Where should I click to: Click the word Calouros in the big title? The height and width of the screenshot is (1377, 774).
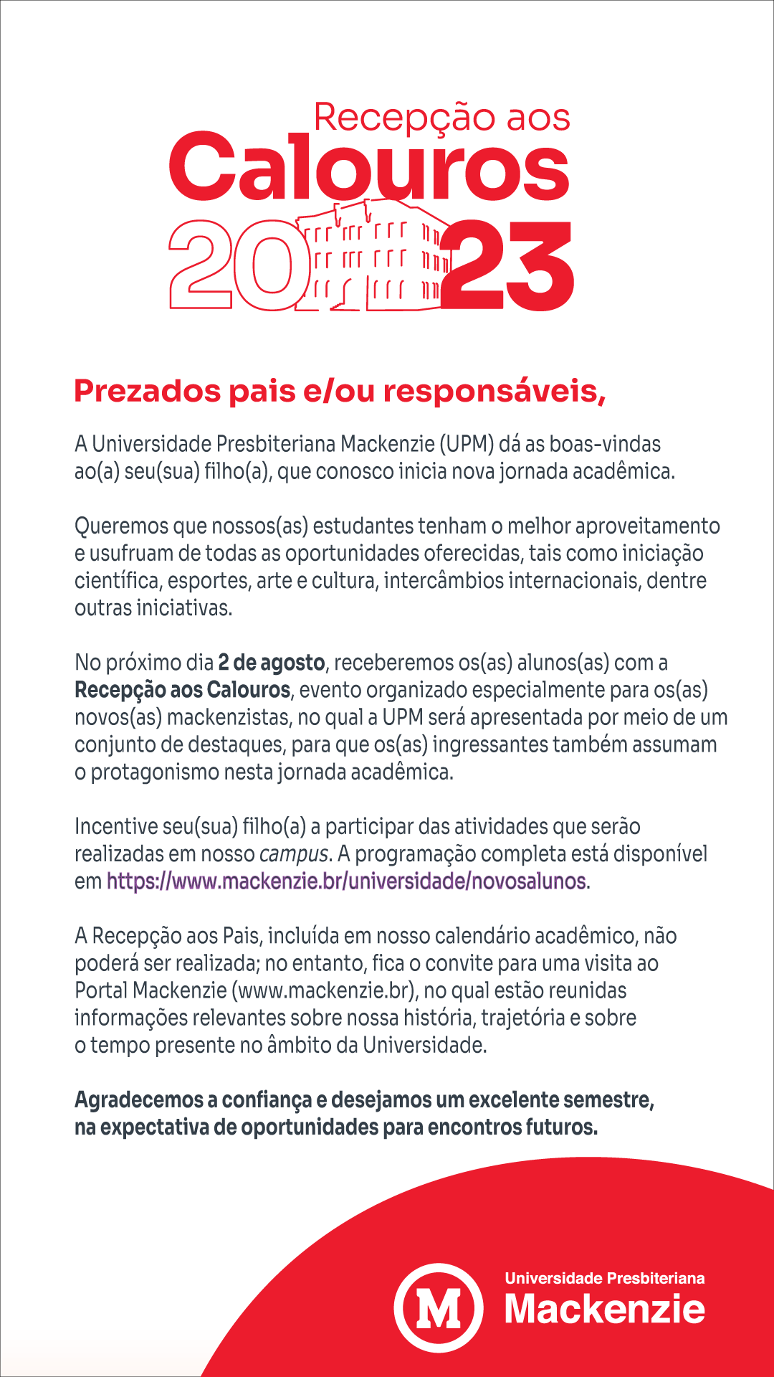pyautogui.click(x=369, y=167)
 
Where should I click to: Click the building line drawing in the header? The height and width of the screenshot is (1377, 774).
pyautogui.click(x=374, y=258)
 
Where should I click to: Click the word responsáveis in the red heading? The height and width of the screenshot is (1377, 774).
pyautogui.click(x=494, y=392)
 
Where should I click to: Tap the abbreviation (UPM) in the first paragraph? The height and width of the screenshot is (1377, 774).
pyautogui.click(x=467, y=444)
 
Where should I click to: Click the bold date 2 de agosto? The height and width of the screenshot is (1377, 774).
pyautogui.click(x=272, y=663)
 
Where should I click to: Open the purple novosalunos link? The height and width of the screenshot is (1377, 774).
pyautogui.click(x=346, y=881)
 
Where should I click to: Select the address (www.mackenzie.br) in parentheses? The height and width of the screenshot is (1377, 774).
pyautogui.click(x=324, y=991)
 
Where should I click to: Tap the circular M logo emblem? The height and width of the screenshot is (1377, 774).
pyautogui.click(x=438, y=1307)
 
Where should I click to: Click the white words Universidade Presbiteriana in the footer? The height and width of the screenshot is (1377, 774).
pyautogui.click(x=604, y=1278)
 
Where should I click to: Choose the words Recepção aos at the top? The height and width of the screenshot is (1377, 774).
pyautogui.click(x=441, y=117)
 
